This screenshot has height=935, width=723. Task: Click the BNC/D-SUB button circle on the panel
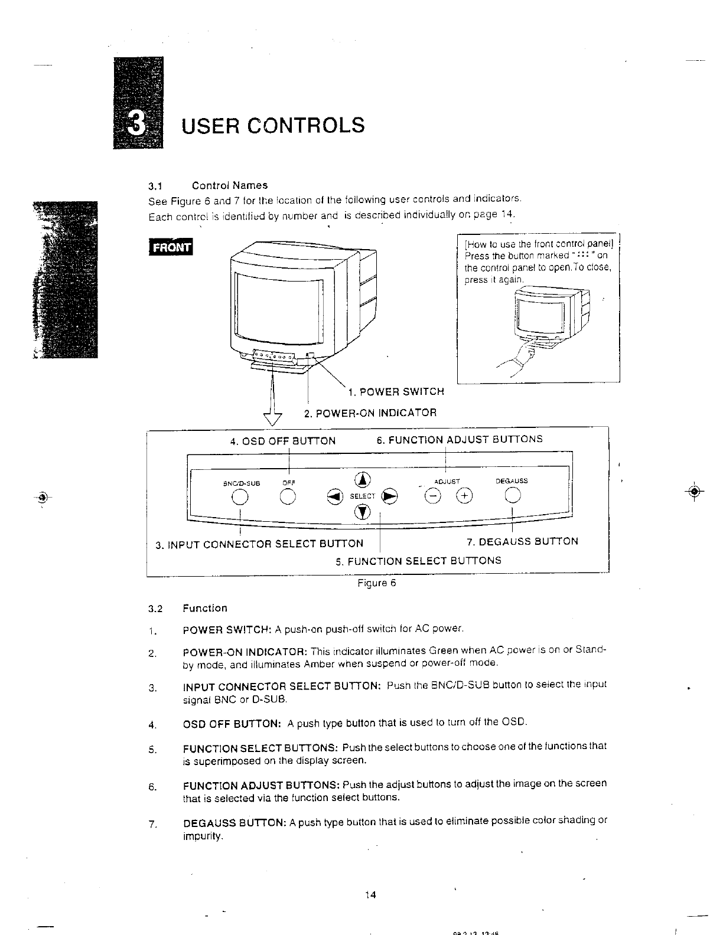click(x=239, y=498)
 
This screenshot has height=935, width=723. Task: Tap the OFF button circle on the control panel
click(x=288, y=498)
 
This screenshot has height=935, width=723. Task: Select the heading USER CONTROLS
click(x=273, y=125)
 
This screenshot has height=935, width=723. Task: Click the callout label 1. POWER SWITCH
click(x=395, y=392)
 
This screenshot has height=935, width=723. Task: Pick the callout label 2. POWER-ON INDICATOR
click(x=370, y=413)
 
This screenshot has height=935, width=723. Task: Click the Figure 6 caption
click(x=376, y=583)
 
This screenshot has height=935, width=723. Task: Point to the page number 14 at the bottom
click(x=370, y=894)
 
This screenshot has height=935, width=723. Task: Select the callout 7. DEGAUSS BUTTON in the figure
click(x=522, y=541)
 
